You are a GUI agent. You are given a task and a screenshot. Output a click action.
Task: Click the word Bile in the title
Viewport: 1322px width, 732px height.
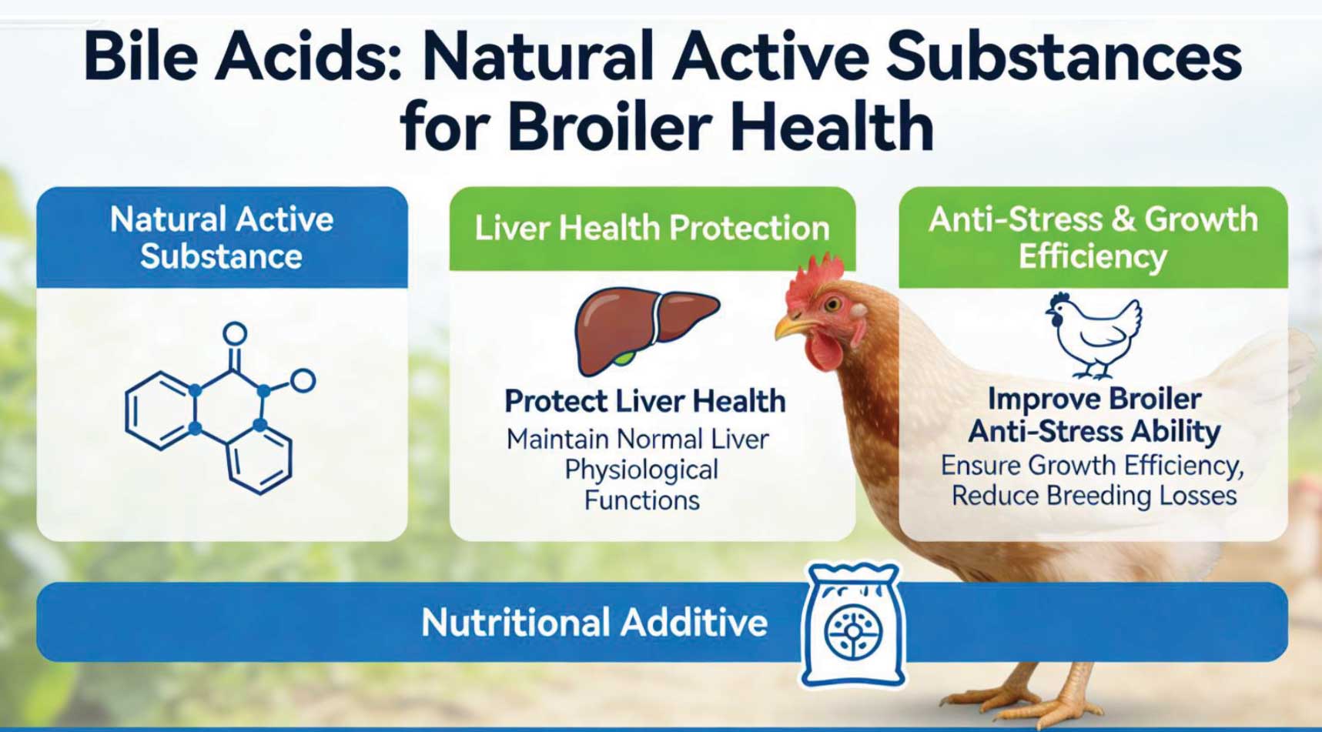tap(141, 58)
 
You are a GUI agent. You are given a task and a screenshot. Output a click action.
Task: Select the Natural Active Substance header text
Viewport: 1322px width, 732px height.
tap(222, 237)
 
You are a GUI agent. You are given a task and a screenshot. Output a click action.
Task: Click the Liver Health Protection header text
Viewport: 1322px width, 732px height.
tap(651, 228)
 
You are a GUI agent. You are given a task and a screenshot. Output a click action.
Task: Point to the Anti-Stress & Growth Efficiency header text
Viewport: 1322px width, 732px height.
tap(1093, 237)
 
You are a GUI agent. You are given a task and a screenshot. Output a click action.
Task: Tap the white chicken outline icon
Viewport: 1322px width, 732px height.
tap(1093, 335)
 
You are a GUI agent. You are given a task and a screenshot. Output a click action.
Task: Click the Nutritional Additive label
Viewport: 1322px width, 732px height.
tap(594, 622)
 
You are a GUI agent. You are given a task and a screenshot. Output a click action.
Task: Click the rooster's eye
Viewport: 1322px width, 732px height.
tap(831, 305)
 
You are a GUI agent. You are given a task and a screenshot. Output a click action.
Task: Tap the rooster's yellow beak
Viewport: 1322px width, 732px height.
tap(791, 328)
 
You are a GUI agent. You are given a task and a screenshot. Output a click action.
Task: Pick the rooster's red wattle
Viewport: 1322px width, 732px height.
tap(824, 350)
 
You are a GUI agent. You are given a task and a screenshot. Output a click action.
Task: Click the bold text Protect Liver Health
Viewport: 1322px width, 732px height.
tap(644, 401)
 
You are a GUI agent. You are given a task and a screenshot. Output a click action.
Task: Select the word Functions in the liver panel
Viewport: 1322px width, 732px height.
tap(641, 500)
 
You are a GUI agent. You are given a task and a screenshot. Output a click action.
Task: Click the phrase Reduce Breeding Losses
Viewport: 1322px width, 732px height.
tap(1094, 496)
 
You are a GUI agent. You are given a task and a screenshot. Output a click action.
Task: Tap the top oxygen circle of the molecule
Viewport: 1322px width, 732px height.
tap(235, 334)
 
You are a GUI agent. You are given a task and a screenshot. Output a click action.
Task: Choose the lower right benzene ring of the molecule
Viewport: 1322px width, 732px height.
tap(260, 459)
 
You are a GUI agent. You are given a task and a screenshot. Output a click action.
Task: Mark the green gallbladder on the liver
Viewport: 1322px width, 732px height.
tap(628, 358)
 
